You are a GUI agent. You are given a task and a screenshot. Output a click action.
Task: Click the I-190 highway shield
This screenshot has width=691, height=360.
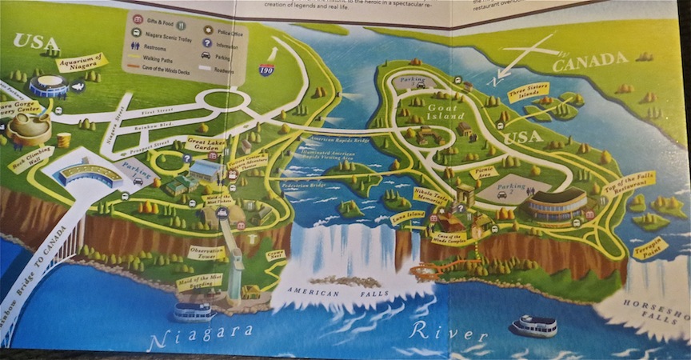[266, 70]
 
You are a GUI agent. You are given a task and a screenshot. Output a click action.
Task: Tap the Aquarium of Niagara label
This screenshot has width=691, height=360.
[81, 62]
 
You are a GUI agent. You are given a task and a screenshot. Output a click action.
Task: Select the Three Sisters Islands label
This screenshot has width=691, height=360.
[528, 92]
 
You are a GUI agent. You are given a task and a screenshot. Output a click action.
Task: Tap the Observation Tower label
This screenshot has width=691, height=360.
[206, 251]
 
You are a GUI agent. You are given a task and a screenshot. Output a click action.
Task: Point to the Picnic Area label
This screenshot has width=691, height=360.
[485, 173]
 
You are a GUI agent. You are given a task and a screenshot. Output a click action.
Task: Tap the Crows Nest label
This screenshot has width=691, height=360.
[276, 254]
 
